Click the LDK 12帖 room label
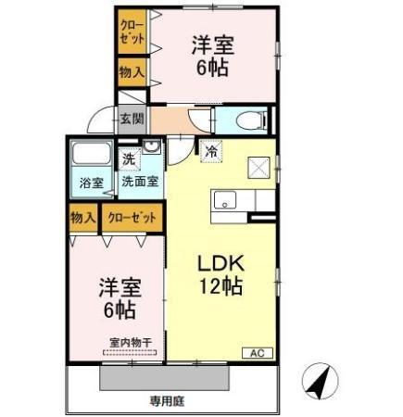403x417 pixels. coord(221,272)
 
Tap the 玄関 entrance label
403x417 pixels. coord(132,118)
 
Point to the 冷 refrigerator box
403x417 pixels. coord(212,150)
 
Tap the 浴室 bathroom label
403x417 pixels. coord(90,182)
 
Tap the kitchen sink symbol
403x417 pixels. coord(226,199)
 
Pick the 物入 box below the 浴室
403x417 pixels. coord(83,218)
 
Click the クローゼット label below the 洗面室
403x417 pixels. coord(131,218)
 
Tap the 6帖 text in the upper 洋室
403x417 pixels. coord(210,67)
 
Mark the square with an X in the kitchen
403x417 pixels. coord(258,169)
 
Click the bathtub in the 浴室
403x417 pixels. coord(90,158)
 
